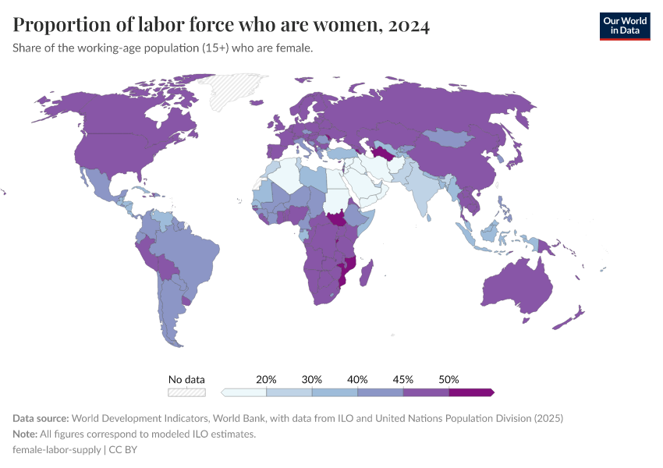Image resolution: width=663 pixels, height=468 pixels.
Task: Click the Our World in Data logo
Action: click(x=624, y=26)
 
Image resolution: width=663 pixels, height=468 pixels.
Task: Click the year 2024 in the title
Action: click(x=406, y=26)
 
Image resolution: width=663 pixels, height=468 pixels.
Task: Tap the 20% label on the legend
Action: click(x=267, y=379)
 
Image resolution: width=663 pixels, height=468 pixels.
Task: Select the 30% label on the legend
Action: click(x=312, y=379)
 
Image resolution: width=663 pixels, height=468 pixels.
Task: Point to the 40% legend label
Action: click(x=357, y=379)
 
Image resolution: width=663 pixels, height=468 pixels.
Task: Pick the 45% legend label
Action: click(x=403, y=379)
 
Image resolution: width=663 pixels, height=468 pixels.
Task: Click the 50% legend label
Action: click(x=448, y=379)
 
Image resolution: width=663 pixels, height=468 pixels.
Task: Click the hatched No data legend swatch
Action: click(x=187, y=392)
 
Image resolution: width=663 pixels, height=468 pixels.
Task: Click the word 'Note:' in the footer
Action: click(x=26, y=434)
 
